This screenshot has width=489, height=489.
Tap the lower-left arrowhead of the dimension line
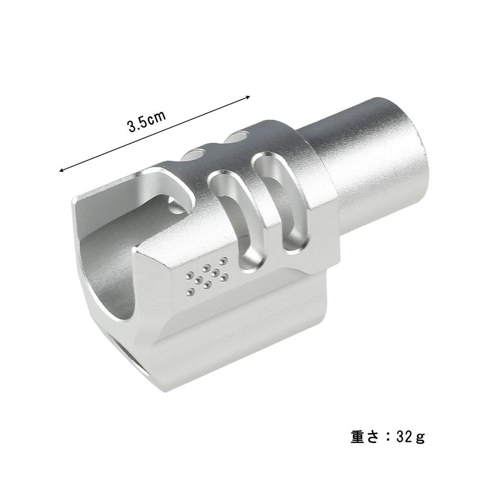pos(61,170)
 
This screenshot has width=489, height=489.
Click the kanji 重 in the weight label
pos(358,437)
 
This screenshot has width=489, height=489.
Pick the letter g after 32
pos(420,438)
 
